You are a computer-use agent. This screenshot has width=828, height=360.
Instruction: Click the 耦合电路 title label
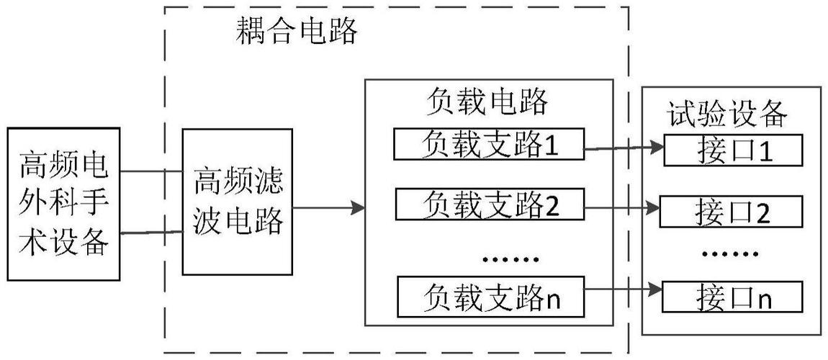[297, 31]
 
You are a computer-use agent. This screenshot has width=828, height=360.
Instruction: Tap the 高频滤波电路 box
[238, 202]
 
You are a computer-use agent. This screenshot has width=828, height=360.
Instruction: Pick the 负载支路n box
[488, 295]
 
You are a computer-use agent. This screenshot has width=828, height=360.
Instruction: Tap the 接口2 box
[731, 211]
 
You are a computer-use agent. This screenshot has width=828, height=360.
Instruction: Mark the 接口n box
[731, 297]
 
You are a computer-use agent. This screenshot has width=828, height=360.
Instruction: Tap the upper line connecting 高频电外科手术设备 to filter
[152, 173]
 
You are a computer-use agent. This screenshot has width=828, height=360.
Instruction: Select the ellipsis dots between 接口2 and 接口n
[730, 253]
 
